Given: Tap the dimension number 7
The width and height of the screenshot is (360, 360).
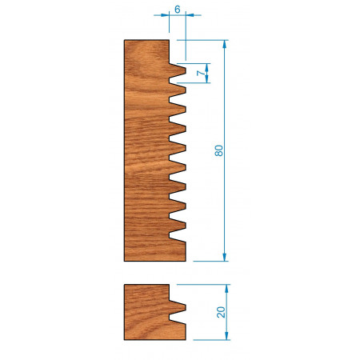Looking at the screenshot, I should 201,73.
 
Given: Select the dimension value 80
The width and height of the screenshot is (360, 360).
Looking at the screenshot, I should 218,150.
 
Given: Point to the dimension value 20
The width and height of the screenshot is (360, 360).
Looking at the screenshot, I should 221,312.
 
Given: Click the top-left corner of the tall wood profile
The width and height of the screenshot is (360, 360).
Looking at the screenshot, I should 125,41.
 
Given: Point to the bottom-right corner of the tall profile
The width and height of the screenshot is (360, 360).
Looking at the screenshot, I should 186,260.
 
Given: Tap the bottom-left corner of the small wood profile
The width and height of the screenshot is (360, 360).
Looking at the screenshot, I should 125,340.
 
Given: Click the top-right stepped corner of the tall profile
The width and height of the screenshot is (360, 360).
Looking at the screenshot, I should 168,41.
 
